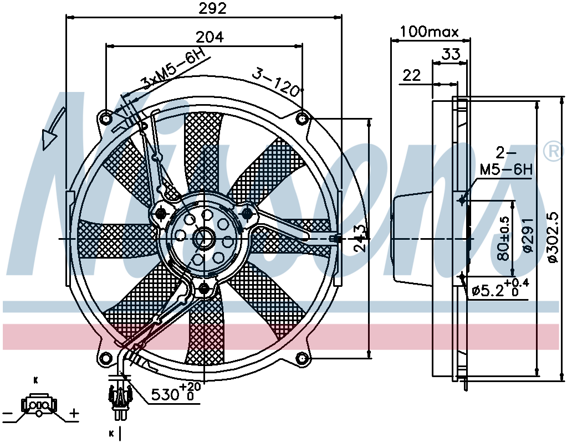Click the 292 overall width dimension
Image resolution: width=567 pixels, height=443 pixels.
pyautogui.click(x=213, y=8)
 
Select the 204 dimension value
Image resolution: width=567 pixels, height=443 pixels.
pyautogui.click(x=210, y=37)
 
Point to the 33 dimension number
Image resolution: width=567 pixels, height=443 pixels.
pyautogui.click(x=451, y=54)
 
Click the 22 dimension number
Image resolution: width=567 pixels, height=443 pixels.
pyautogui.click(x=412, y=75)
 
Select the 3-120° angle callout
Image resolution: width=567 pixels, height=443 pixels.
pyautogui.click(x=277, y=81)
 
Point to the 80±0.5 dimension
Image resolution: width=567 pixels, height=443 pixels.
pyautogui.click(x=503, y=239)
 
